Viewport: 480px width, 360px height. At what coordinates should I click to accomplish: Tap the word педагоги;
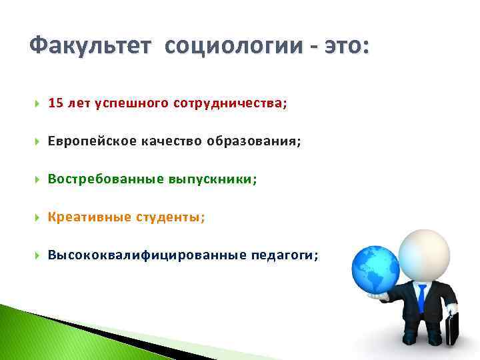point(285,255)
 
